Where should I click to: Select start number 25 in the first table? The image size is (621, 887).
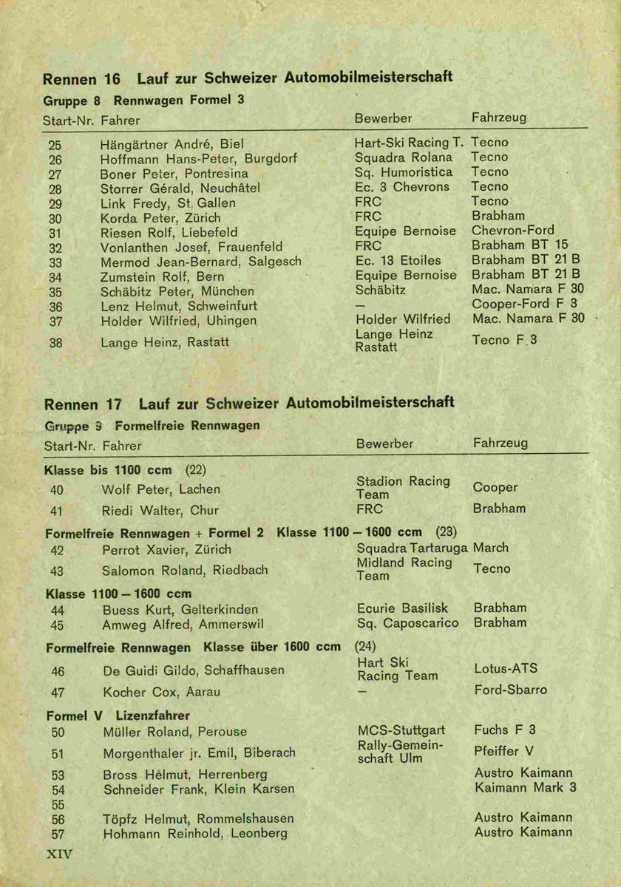55,145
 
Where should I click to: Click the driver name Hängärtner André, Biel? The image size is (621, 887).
172,144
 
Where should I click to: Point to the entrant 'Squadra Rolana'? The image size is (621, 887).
404,157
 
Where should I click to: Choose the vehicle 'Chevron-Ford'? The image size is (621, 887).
512,231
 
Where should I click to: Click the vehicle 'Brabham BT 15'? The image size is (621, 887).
520,245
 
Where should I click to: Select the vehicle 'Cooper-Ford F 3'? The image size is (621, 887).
525,304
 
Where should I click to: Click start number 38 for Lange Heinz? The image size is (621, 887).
55,342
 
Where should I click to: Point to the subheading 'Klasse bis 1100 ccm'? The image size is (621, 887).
108,470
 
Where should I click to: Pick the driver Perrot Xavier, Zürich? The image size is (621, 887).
166,549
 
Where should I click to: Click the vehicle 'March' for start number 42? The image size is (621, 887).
491,548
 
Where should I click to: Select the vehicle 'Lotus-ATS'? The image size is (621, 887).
506,669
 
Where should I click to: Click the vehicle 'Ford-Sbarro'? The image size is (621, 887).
510,690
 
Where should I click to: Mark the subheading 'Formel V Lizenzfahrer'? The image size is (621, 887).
118,716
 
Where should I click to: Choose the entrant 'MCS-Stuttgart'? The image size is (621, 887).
400,730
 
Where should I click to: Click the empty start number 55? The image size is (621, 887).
58,804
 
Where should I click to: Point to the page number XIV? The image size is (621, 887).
59,854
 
